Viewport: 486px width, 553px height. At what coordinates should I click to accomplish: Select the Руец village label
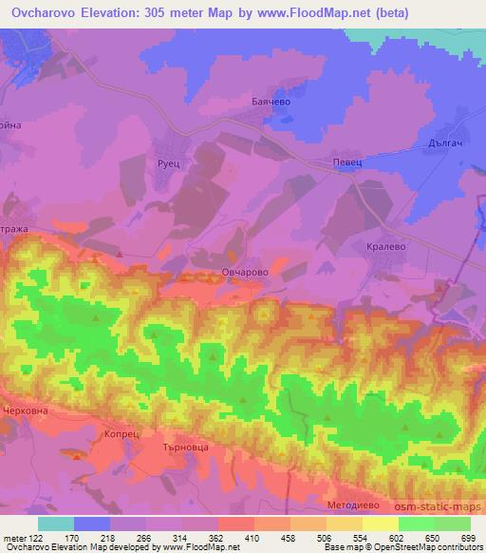tap(155, 163)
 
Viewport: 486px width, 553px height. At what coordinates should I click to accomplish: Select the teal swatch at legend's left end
tap(55, 524)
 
